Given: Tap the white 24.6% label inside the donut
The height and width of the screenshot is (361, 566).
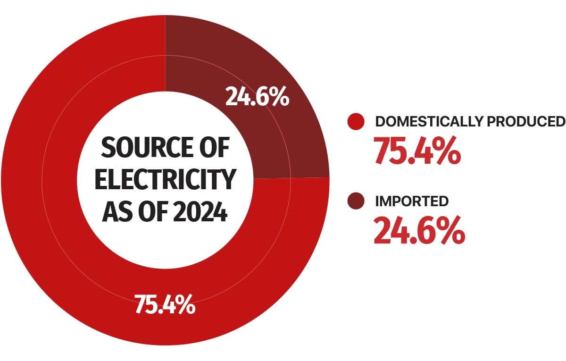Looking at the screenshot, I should click(257, 96).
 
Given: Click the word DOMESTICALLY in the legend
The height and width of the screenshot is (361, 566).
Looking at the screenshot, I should click(427, 122).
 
